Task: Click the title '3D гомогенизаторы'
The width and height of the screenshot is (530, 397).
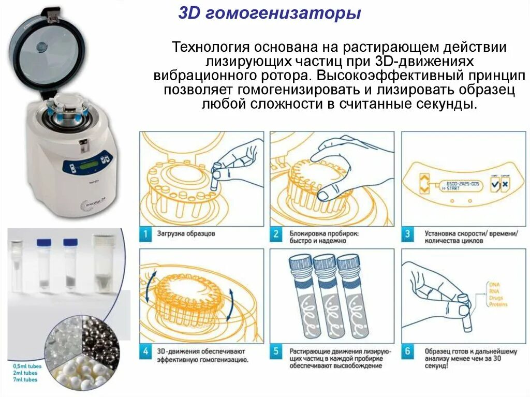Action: click(269, 13)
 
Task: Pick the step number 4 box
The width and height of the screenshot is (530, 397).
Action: click(147, 352)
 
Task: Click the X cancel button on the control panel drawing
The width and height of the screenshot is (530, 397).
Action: click(505, 185)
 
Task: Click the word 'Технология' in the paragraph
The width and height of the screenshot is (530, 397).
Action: click(210, 48)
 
